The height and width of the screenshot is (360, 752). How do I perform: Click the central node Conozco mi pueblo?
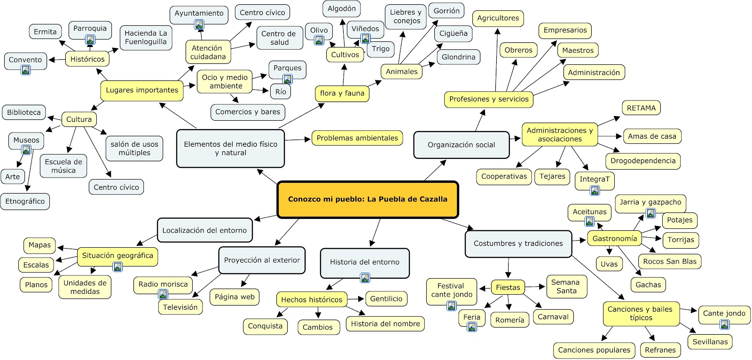(368, 199)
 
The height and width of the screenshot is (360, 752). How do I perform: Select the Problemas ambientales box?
(357, 138)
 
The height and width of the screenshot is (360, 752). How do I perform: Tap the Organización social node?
(461, 145)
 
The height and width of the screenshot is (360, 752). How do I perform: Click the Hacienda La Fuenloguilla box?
(146, 38)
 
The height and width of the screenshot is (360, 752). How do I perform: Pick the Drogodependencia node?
(642, 161)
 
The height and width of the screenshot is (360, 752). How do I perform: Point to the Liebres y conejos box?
(405, 16)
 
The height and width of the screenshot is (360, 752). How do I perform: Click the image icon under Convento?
(26, 70)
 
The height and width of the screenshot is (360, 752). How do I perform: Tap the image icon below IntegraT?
(595, 190)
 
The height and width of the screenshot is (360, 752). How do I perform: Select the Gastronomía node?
(614, 239)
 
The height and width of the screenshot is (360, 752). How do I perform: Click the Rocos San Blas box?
(669, 262)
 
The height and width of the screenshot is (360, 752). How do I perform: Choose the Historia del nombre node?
(385, 324)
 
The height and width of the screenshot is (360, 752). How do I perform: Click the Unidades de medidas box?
(85, 287)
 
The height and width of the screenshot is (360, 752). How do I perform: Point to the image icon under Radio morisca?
(163, 294)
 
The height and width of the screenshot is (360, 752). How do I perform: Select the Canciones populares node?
(594, 350)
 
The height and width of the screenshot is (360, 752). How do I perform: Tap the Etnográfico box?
(25, 202)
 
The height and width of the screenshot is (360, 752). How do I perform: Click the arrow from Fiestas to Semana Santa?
(535, 287)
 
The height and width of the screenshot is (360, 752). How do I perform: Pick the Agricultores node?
(498, 18)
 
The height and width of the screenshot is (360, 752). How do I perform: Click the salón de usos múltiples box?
(134, 149)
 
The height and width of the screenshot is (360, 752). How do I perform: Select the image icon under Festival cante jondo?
(451, 306)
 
